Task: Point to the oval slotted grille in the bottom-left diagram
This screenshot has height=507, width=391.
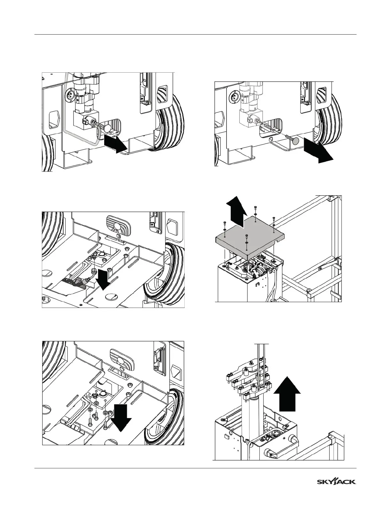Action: pos(120,356)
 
